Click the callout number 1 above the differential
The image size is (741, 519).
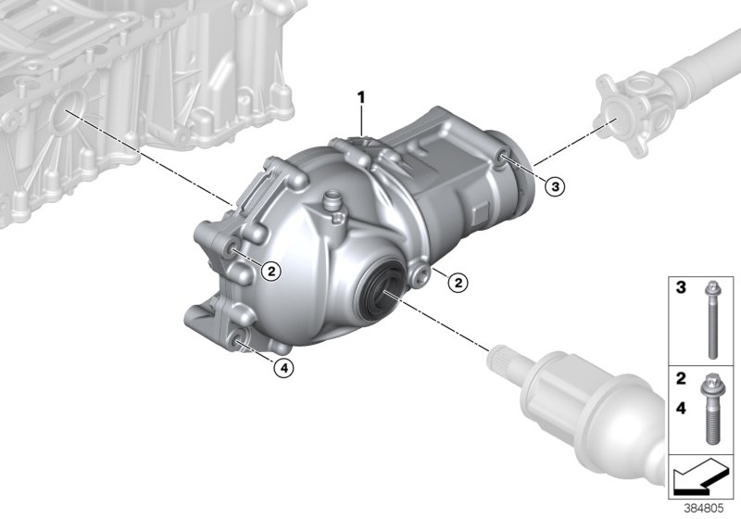363,96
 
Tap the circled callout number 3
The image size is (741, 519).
553,187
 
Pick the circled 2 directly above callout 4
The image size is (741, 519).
270,271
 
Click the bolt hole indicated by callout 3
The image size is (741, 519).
501,158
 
